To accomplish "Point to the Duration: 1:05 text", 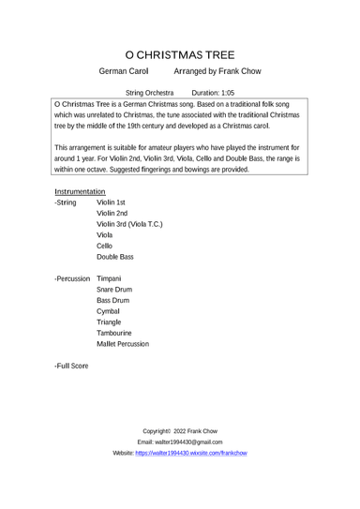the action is click(x=213, y=94).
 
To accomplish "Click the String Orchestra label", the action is click(x=150, y=94).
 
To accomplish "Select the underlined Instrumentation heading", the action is click(x=86, y=190).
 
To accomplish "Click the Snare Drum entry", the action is click(x=114, y=319).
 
